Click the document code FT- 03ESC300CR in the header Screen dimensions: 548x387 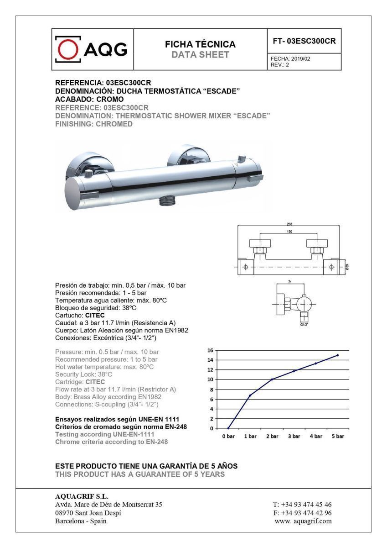pos(304,41)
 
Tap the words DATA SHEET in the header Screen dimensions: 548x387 pos(200,55)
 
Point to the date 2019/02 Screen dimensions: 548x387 pos(301,59)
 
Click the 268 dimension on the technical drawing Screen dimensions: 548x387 pos(289,224)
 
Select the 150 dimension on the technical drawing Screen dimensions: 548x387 pos(289,232)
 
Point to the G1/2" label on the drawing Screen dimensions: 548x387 pos(304,325)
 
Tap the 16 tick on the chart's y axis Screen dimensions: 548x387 pos(210,350)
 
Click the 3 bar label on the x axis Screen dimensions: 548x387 pos(294,436)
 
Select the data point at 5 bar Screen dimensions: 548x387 pos(338,355)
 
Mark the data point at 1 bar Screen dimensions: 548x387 pos(250,395)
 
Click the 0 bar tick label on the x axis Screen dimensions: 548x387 pos(228,436)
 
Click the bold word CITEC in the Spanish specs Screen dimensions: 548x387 pos(95,316)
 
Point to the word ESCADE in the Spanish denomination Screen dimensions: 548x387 pos(221,91)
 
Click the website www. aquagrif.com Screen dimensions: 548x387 pos(303,521)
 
